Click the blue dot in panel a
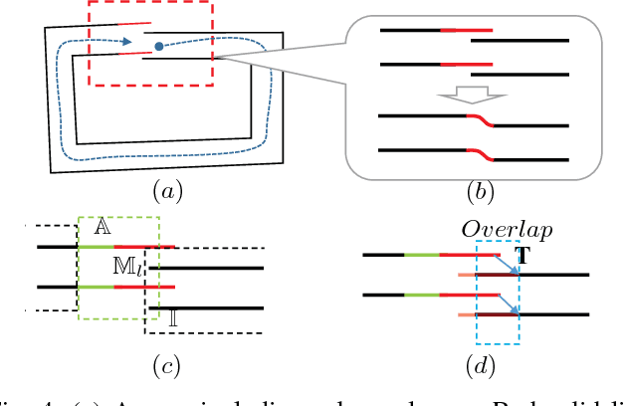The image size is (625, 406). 159,46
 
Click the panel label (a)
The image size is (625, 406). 164,189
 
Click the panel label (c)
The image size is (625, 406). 164,367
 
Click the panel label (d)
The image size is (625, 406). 481,367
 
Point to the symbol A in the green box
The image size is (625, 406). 102,227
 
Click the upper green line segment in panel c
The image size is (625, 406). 96,245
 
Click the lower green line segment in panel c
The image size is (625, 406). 96,287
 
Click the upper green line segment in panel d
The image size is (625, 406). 422,255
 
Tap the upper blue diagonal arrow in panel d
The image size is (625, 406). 509,264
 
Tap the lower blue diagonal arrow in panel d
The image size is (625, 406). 509,304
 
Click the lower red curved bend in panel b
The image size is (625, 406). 479,154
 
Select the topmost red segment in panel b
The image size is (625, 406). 466,30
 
